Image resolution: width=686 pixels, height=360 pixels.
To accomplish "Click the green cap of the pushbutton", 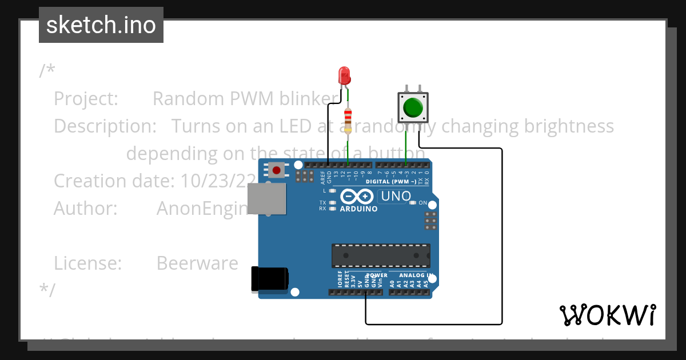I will tap(413, 107).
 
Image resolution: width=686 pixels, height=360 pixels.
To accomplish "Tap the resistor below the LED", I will tap(348, 121).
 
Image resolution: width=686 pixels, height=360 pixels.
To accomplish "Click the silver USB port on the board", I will tap(266, 199).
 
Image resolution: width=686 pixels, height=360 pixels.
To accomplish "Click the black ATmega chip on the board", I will tap(381, 255).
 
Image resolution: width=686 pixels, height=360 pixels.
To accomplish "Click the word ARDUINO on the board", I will tap(358, 209).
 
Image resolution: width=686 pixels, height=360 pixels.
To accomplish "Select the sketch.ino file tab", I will tap(101, 25).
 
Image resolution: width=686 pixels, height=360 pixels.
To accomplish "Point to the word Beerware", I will tap(197, 263).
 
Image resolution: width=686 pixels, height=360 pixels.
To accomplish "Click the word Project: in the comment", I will tap(86, 98).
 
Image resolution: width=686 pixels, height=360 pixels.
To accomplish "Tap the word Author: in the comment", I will tap(86, 208).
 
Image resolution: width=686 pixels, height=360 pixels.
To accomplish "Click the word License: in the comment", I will tap(88, 263).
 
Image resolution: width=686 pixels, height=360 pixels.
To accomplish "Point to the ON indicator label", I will tap(423, 203).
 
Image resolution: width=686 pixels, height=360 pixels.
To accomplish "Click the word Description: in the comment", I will tap(105, 126).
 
